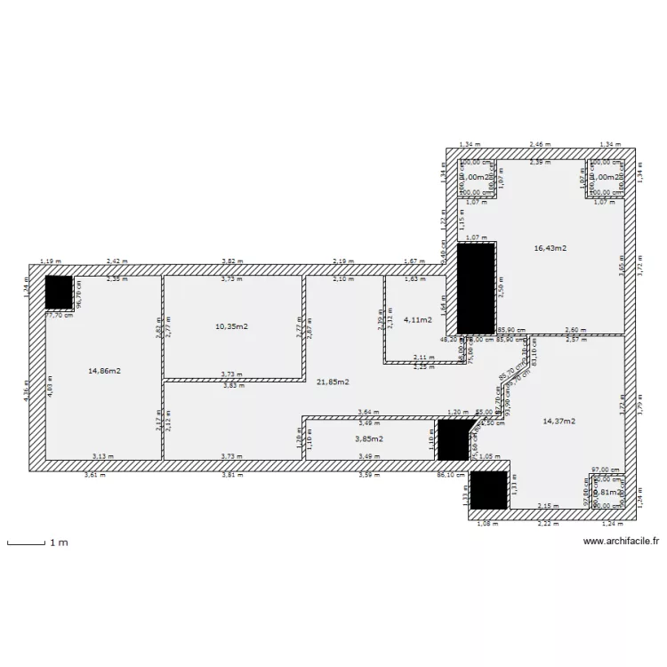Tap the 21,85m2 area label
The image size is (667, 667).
click(332, 382)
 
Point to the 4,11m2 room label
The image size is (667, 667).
click(418, 318)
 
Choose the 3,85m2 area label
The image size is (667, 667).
click(369, 438)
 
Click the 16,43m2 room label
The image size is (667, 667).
click(550, 248)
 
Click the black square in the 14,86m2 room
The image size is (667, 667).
click(59, 292)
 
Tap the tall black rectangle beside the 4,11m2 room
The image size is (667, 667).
click(477, 286)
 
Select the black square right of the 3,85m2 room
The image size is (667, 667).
click(454, 439)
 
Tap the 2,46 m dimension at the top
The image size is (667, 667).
click(540, 144)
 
